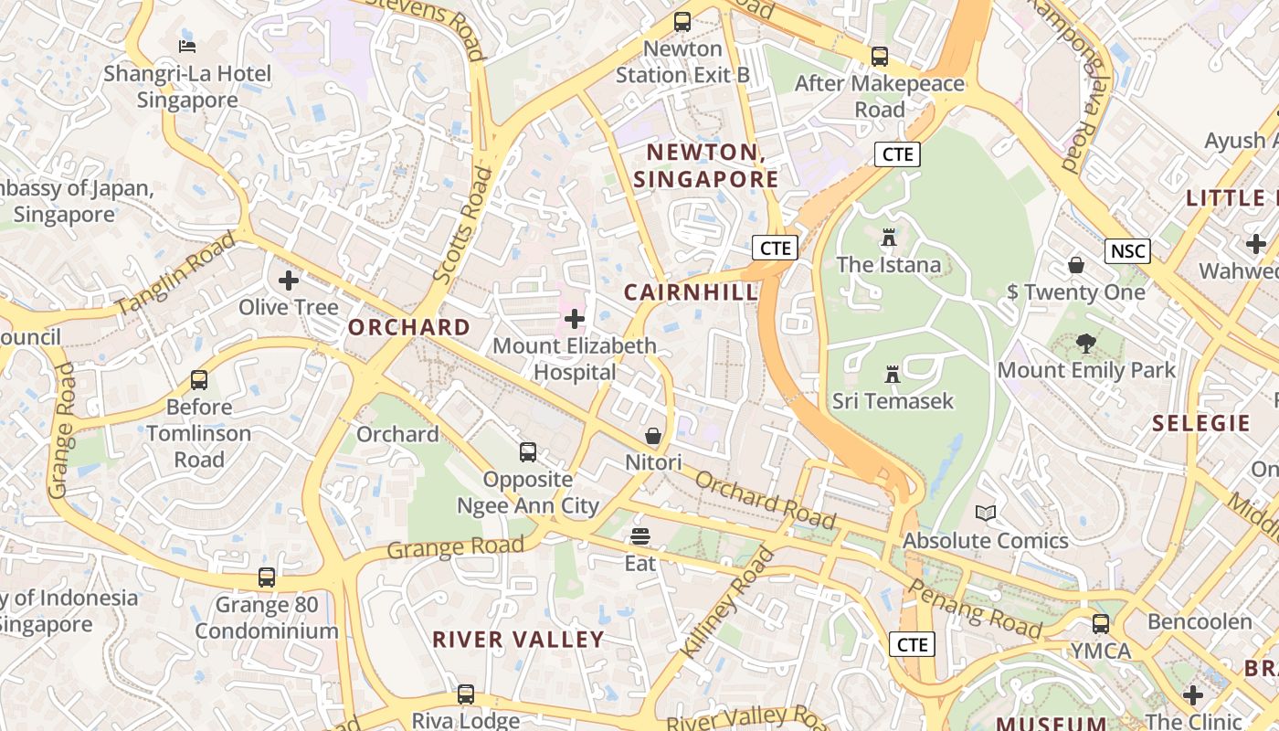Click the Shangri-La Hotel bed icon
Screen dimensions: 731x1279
(187, 46)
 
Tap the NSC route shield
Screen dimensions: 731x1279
(1126, 251)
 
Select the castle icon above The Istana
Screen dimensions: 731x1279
(888, 238)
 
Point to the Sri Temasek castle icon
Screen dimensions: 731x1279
(893, 374)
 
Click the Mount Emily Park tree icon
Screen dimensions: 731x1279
(1085, 344)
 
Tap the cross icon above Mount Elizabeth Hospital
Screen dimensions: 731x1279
(575, 319)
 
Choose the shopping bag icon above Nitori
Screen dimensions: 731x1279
(653, 436)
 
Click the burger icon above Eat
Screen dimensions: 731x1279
(640, 536)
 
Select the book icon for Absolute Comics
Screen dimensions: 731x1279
(985, 514)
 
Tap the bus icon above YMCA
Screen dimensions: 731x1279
(1101, 624)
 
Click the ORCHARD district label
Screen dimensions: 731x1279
(409, 327)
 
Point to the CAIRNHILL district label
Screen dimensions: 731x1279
(691, 292)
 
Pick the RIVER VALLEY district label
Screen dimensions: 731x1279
(518, 640)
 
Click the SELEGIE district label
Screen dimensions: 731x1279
(1200, 423)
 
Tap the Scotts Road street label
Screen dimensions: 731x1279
(457, 224)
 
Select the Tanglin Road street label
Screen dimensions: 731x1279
(175, 273)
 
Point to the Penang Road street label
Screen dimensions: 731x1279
(976, 609)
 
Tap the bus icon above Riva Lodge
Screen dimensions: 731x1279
(466, 694)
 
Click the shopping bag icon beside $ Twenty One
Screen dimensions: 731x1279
(1076, 265)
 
